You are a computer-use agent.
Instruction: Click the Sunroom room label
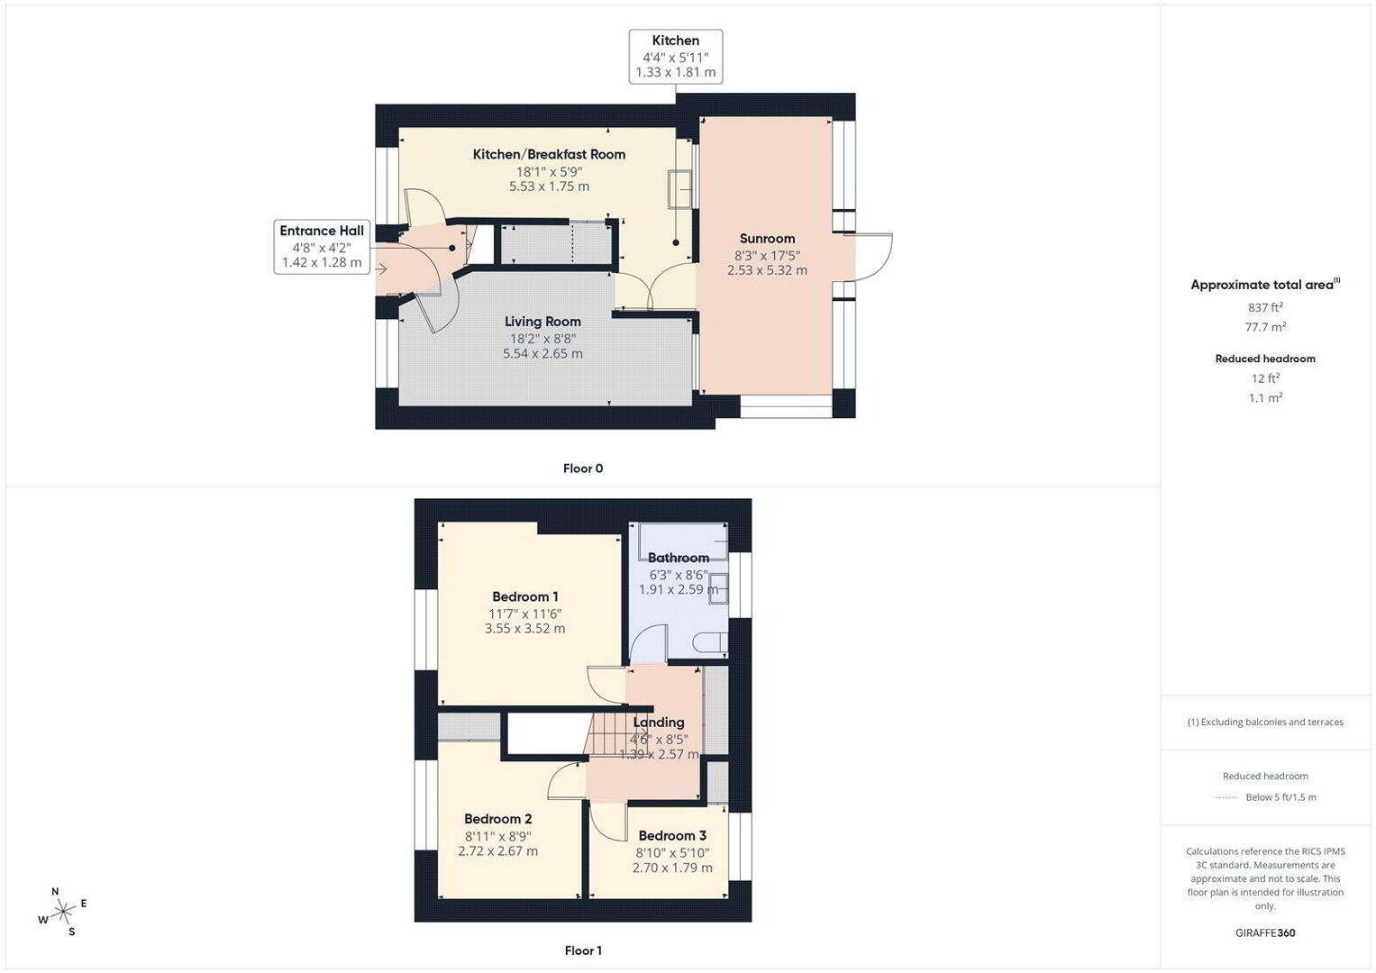767,239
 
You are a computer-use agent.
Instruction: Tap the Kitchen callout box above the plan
675,56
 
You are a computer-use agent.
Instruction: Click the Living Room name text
542,322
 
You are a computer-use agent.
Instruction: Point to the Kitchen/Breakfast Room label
549,154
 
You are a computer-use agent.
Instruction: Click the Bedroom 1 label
524,596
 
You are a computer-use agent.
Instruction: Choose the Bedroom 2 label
497,819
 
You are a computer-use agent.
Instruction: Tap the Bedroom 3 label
672,835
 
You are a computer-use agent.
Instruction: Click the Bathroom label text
679,558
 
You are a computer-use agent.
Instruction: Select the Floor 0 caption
583,468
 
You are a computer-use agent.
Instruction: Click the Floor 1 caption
583,950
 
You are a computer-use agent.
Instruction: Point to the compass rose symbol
63,912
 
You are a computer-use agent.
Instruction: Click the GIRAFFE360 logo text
1265,932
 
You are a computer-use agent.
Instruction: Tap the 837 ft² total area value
1265,307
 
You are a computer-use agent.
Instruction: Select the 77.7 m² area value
1265,327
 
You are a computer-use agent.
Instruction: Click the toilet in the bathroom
711,642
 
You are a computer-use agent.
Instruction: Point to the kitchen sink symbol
680,189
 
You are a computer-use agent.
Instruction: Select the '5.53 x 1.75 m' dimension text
549,186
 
